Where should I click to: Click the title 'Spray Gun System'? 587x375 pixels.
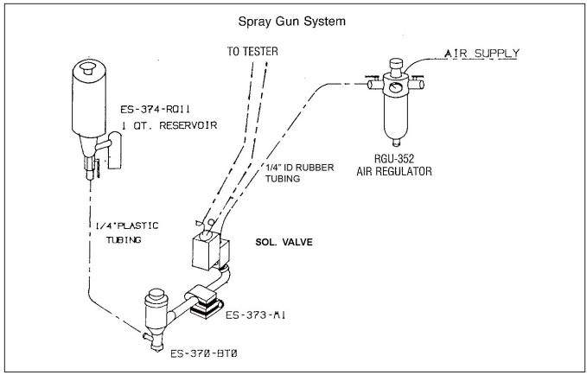tap(294, 19)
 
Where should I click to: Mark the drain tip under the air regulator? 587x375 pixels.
tap(395, 142)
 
